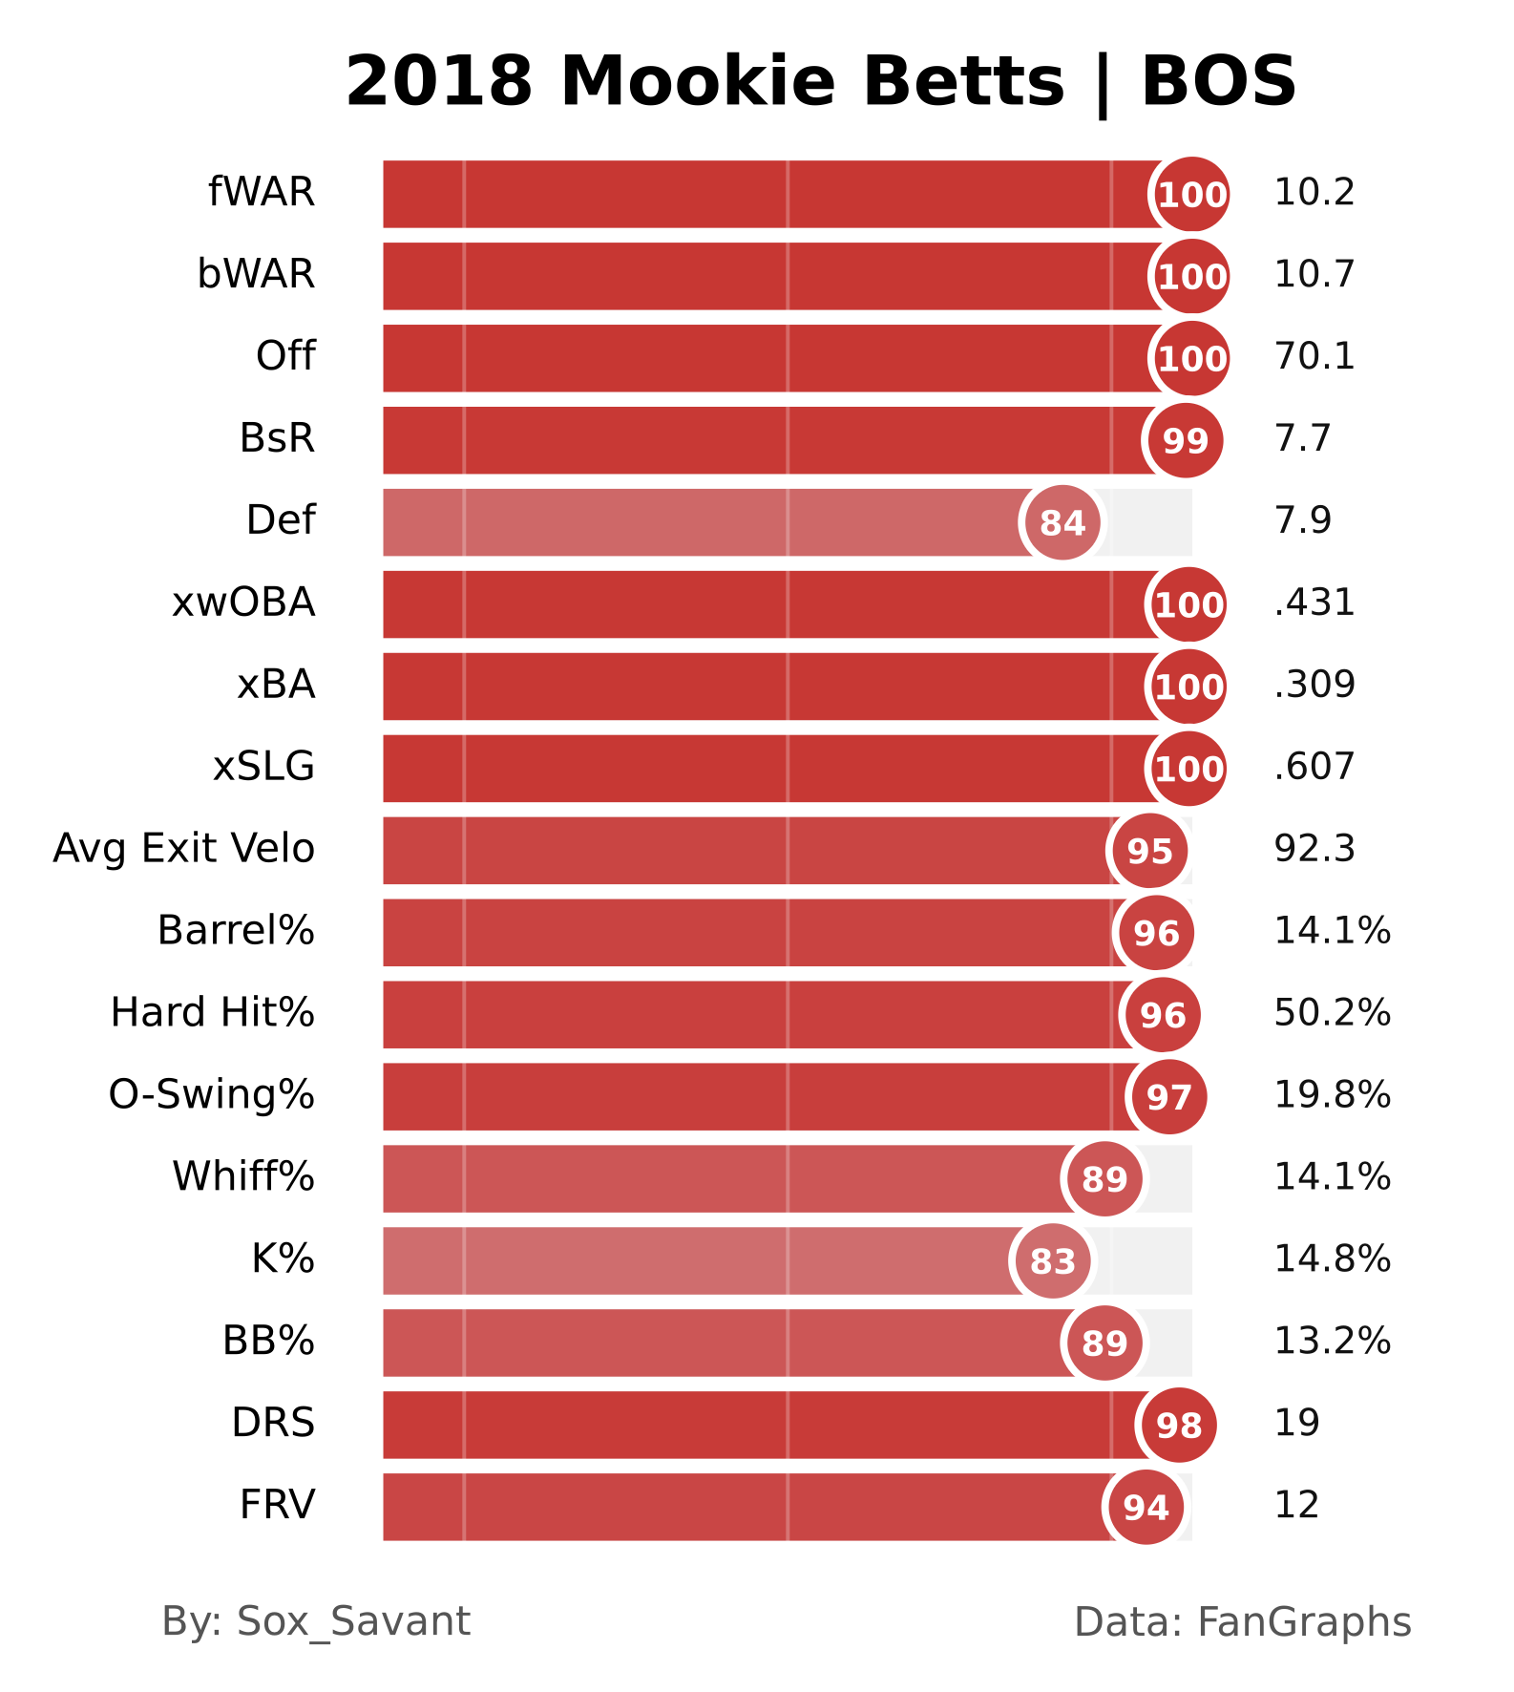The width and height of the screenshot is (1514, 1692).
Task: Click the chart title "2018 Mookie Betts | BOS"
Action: tap(820, 82)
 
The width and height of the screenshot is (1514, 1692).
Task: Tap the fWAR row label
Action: tap(262, 193)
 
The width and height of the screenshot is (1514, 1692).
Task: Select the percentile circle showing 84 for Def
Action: tap(1062, 522)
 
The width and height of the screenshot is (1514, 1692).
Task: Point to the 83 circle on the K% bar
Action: tap(1052, 1261)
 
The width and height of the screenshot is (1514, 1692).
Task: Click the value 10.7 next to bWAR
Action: tap(1314, 275)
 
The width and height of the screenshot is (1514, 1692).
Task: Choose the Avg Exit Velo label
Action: tap(183, 849)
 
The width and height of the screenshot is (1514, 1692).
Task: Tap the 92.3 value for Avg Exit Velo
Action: tap(1314, 849)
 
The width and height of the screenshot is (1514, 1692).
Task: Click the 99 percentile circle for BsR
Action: tap(1185, 440)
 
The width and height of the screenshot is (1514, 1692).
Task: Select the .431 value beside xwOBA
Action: tap(1314, 603)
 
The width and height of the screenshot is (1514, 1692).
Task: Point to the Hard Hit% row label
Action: tap(212, 1013)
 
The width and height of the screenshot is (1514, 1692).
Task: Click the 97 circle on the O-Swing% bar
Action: tap(1168, 1097)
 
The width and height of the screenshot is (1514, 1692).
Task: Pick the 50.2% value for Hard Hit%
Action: tap(1332, 1013)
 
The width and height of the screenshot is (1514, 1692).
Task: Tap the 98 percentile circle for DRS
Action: tap(1179, 1426)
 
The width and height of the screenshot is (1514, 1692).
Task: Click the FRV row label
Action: tap(277, 1506)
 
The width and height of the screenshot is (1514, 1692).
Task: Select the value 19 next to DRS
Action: tap(1296, 1424)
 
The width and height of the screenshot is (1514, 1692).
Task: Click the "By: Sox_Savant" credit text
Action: tap(316, 1622)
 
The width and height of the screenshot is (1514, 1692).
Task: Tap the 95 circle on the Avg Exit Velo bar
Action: tap(1149, 851)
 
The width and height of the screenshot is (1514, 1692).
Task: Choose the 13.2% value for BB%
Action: tap(1332, 1342)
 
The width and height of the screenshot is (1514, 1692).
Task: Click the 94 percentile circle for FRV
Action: tap(1146, 1508)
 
